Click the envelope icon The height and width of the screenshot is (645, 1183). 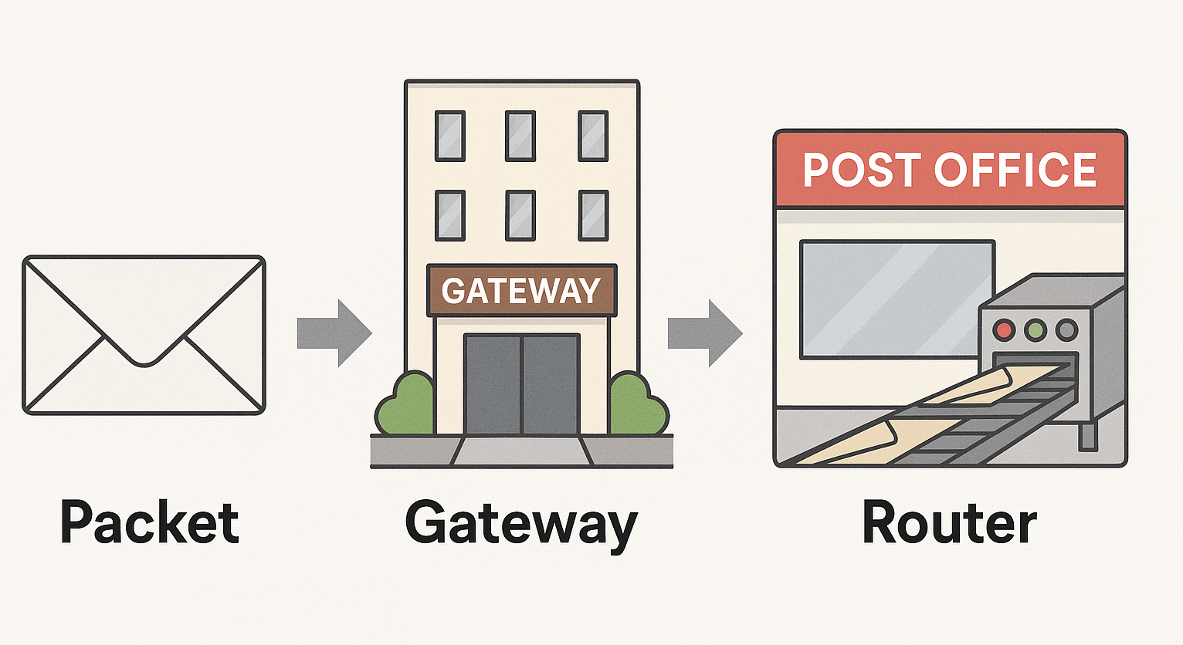(144, 335)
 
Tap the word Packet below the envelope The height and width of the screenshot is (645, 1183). (150, 523)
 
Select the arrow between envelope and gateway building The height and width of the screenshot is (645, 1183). (334, 333)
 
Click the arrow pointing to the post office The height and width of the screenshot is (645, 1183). (704, 333)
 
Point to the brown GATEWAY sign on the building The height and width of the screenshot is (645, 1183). (521, 290)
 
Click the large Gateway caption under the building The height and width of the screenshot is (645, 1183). (521, 525)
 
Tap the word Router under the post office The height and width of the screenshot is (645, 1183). (949, 523)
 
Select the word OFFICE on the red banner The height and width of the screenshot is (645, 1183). (1016, 170)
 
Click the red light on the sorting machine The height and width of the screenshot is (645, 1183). (1005, 331)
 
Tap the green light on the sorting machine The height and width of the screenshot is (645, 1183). (1035, 331)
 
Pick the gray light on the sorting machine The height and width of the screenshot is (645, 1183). (1066, 331)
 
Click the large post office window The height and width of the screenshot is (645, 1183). (896, 299)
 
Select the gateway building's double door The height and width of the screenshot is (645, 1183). (521, 384)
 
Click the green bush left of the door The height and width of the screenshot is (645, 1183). (406, 404)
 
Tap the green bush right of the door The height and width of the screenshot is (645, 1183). (637, 404)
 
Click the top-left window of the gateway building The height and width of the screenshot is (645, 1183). (449, 136)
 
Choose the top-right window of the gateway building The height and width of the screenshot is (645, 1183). (593, 136)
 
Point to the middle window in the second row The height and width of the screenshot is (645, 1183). (520, 215)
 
